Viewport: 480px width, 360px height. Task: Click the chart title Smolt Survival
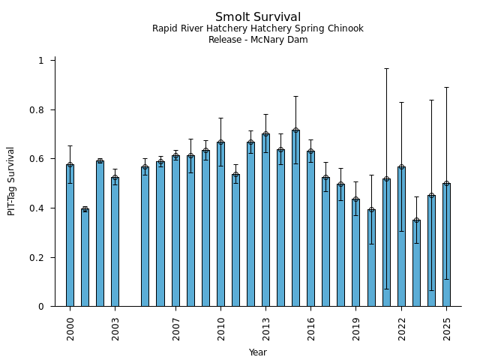click(258, 17)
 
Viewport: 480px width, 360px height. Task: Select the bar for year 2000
click(70, 235)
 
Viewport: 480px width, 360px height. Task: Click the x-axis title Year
click(258, 352)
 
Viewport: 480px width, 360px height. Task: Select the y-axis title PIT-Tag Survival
click(12, 181)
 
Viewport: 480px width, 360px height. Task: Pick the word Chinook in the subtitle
click(346, 28)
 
